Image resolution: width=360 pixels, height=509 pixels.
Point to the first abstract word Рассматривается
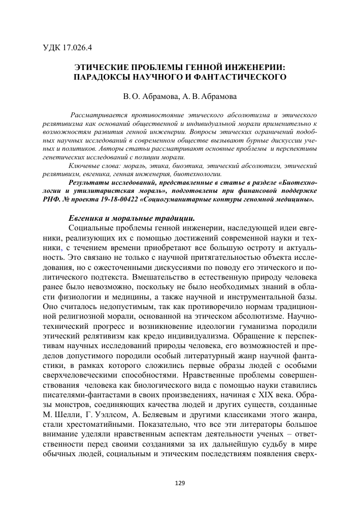(99, 109)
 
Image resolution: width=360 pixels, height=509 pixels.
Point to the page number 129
(180, 482)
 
